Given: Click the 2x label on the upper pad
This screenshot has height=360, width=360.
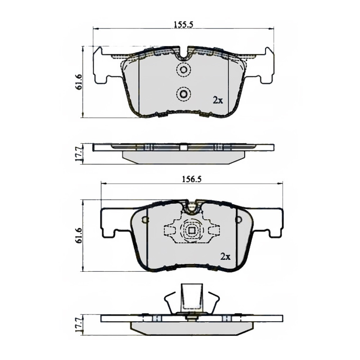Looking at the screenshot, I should tap(218, 100).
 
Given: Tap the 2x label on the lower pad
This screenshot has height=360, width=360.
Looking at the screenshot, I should tap(225, 257).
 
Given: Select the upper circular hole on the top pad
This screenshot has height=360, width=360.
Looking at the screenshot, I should tap(183, 70).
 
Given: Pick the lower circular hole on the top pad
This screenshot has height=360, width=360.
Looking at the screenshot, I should tap(183, 94).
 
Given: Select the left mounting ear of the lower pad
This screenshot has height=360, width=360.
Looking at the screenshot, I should tap(113, 224).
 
